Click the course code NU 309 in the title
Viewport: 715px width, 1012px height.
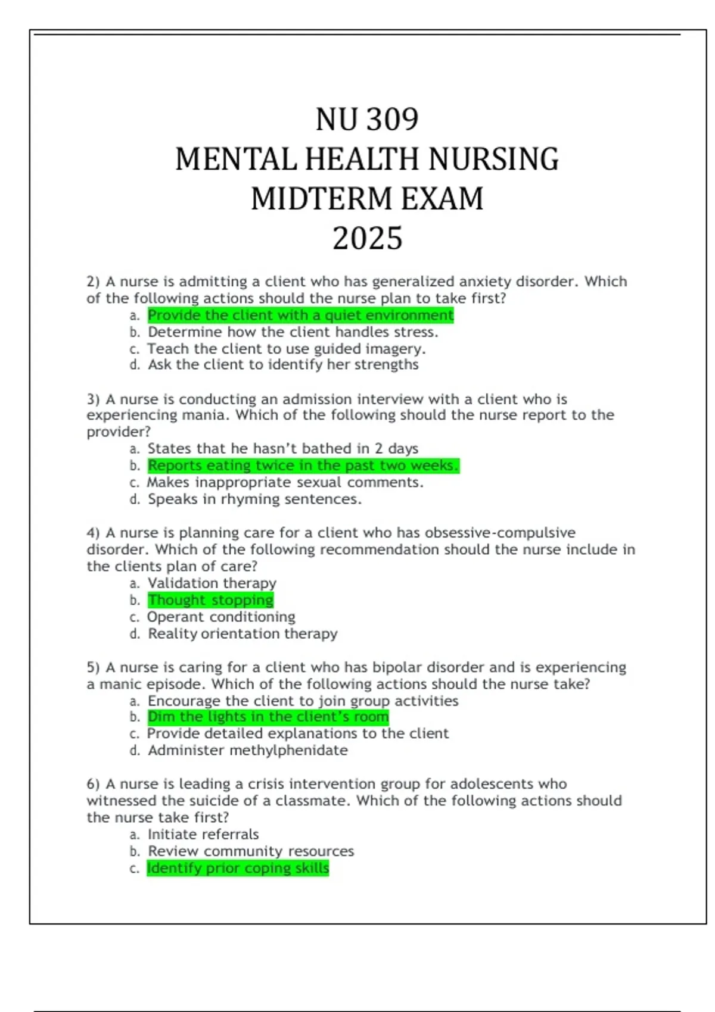[x=367, y=120]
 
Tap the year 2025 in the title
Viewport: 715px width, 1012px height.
[x=367, y=239]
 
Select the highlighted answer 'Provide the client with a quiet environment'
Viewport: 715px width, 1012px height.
[x=300, y=316]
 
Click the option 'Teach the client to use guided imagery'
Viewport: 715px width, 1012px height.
[x=286, y=349]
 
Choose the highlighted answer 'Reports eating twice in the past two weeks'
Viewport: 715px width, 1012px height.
[x=303, y=466]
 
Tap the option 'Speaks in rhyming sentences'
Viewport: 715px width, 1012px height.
[x=254, y=499]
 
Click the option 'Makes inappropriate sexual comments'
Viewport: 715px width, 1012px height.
[x=285, y=483]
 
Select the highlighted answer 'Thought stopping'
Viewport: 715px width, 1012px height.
[x=210, y=600]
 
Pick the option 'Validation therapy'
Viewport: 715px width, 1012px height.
[x=212, y=583]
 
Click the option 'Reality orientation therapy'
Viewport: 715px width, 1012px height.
[x=243, y=634]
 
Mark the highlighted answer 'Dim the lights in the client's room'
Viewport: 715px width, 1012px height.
[x=268, y=717]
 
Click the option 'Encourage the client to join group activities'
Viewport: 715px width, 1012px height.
[x=303, y=701]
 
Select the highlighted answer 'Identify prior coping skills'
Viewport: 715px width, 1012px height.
[x=238, y=869]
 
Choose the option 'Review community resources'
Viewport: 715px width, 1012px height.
[x=251, y=851]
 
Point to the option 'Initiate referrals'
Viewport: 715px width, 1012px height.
[x=203, y=835]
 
